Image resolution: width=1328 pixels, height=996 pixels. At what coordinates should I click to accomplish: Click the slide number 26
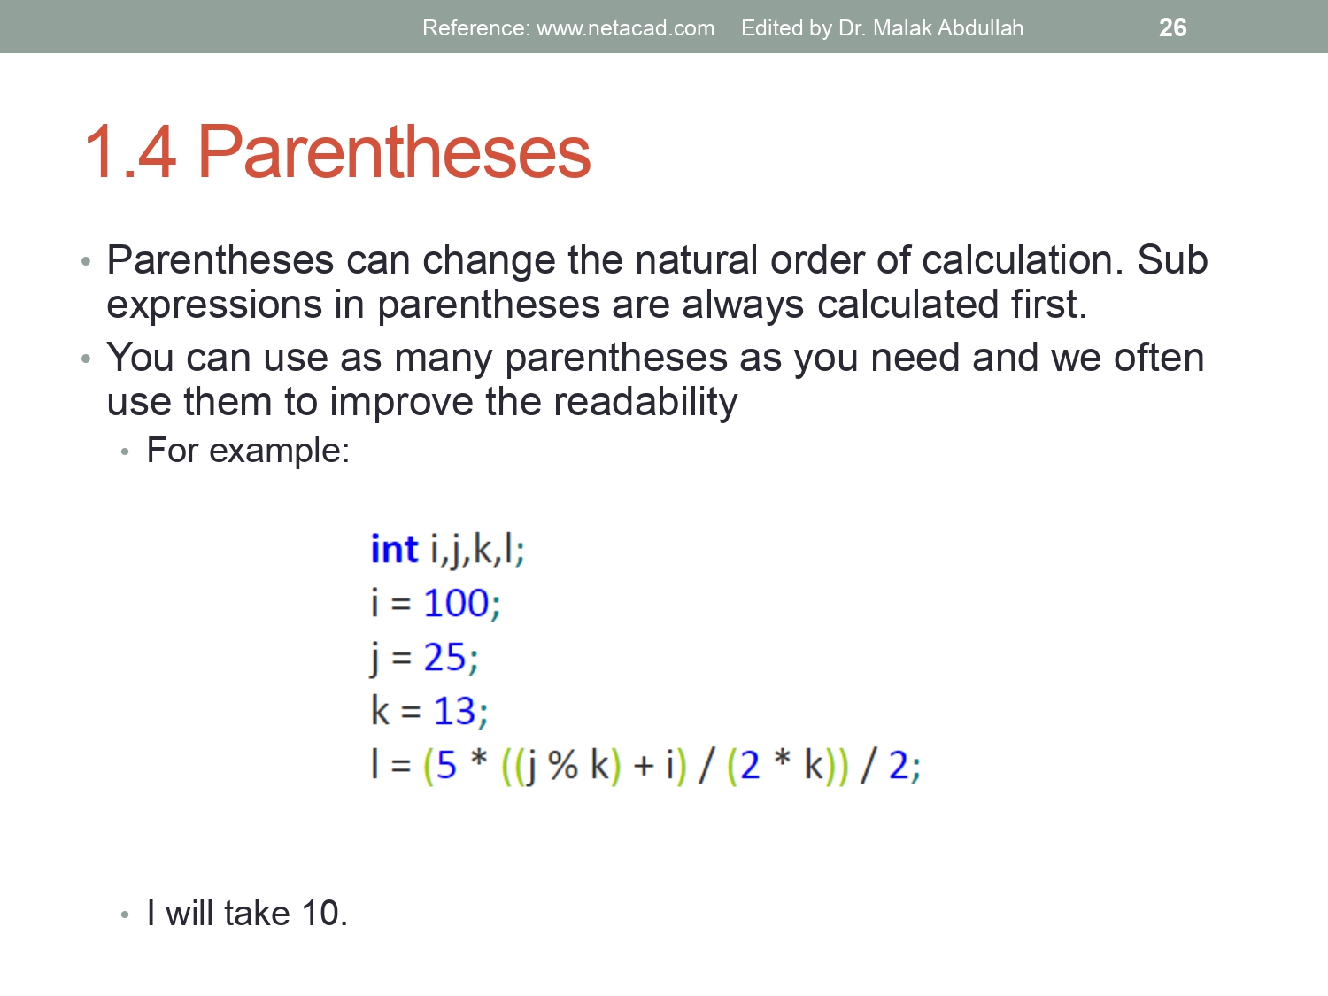coord(1172,27)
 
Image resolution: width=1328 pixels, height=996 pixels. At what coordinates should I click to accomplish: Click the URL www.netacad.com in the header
coord(625,28)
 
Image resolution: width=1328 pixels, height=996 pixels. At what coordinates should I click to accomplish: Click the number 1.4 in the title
coord(130,152)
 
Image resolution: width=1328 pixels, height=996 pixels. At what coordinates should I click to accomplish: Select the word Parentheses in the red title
coord(393,152)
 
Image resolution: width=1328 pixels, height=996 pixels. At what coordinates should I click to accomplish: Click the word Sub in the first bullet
coord(1171,260)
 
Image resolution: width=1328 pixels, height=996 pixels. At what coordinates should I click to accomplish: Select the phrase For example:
coord(248,451)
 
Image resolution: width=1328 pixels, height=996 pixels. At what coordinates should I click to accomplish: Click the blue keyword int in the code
coord(393,550)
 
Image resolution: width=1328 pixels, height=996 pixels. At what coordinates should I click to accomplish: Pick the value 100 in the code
coord(456,604)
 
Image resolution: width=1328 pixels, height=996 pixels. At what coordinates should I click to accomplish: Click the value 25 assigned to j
coord(444,658)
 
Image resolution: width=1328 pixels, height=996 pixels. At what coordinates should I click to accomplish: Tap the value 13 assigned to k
coord(454,711)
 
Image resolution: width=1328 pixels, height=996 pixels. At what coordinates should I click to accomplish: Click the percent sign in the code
coord(563,766)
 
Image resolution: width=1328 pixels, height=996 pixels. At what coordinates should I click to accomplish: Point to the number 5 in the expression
coord(446,766)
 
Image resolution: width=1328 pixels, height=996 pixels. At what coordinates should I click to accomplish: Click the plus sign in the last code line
coord(644,766)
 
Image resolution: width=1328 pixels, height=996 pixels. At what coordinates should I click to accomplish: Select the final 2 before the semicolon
coord(898,766)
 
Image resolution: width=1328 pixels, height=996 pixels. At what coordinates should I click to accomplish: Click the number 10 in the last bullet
coord(320,914)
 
